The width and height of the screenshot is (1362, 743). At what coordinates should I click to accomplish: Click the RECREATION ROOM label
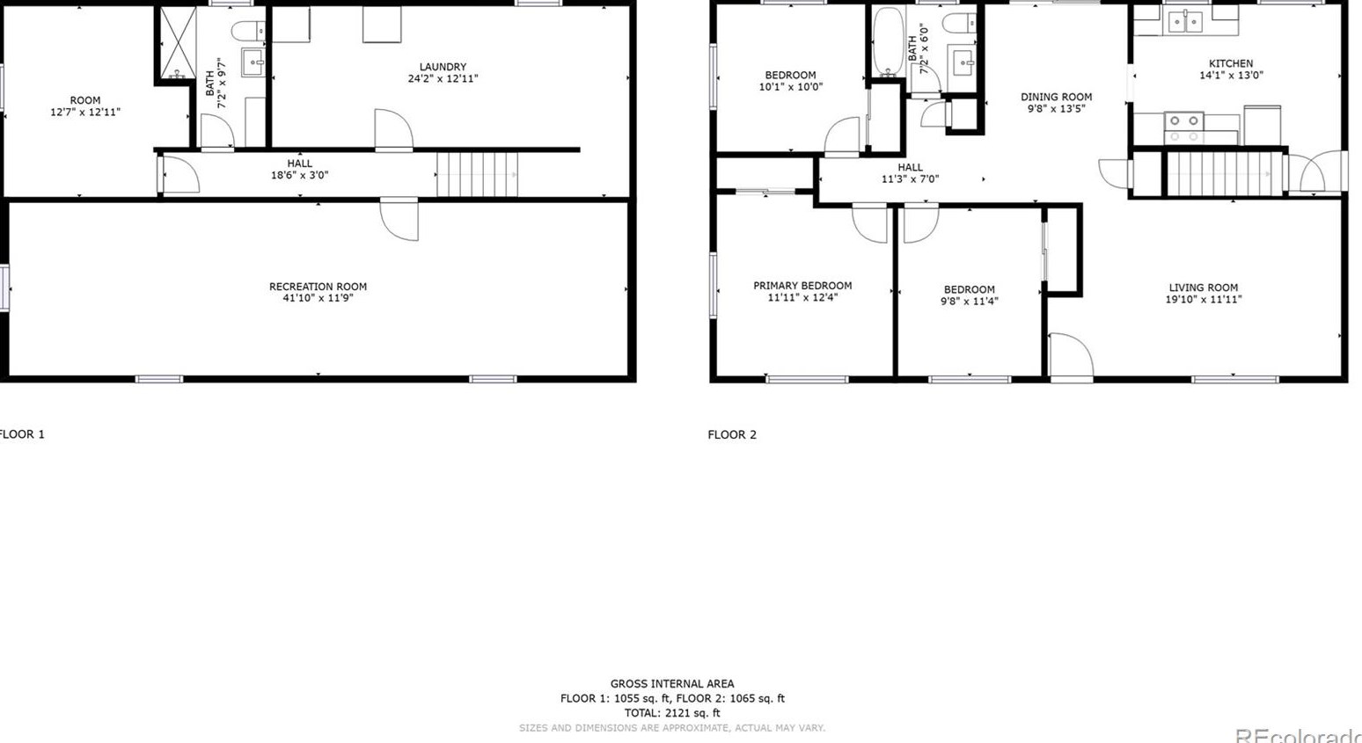point(318,287)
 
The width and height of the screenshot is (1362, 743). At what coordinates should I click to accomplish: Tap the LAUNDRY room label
point(443,67)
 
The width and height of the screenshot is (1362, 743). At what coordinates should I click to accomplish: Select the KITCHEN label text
point(1231,63)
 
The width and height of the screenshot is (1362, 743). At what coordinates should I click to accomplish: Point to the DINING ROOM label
point(1056,97)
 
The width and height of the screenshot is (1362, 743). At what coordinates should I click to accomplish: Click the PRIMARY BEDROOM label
point(802,286)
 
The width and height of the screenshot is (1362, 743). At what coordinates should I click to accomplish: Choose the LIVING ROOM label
point(1203,288)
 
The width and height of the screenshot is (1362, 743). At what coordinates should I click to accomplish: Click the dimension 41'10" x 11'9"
point(318,298)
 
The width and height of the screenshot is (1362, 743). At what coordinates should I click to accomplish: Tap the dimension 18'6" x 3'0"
point(299,175)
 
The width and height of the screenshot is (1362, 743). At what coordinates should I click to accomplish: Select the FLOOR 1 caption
point(21,434)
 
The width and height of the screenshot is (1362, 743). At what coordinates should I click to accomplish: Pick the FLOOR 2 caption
point(732,434)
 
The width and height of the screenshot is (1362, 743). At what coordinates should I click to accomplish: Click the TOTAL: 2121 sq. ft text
point(672,713)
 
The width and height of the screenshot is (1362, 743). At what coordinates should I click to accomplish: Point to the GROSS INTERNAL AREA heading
point(672,683)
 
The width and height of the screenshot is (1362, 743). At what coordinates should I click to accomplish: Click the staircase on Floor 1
point(477,174)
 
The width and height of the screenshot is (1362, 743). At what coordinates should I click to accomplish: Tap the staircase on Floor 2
point(1221,173)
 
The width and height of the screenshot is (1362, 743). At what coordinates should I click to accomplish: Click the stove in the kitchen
point(1183,128)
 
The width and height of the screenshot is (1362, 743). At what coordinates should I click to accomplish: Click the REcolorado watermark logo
point(1298,735)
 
